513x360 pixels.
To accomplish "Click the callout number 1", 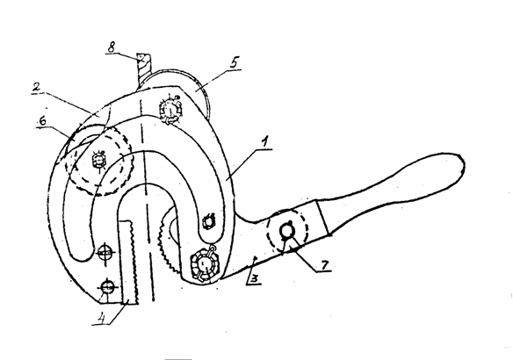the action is (265, 142).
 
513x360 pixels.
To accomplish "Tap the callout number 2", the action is (36, 87).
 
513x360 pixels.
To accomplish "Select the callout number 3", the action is (255, 278).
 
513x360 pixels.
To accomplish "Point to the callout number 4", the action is (103, 318).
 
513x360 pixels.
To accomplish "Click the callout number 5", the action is (234, 62).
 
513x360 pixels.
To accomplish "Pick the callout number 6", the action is (42, 121).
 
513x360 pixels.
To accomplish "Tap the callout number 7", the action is (324, 265).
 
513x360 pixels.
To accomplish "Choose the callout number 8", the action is (112, 47).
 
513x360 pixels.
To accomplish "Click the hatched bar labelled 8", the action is (143, 70).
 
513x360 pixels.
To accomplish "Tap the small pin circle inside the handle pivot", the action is (287, 232).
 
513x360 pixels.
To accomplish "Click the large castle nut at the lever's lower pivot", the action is (204, 263).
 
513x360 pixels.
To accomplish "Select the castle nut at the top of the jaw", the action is (170, 110).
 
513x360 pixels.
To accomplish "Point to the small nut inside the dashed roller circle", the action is (98, 160).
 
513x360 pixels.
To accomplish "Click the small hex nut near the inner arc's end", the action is (208, 221).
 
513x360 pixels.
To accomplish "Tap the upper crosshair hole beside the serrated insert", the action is (105, 253).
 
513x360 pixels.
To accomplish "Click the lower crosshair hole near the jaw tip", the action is (107, 287).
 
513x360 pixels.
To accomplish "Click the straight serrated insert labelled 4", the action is (128, 263).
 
